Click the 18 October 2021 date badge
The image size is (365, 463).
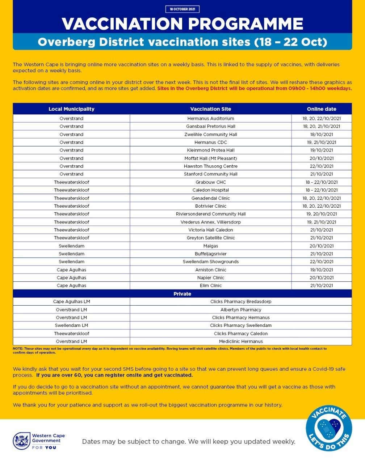(x=182, y=9)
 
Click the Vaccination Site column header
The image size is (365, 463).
(x=210, y=109)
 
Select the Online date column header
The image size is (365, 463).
(x=322, y=109)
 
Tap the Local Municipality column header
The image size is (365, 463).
(x=71, y=109)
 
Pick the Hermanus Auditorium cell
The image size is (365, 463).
(x=210, y=118)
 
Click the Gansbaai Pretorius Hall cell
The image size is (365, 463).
(x=210, y=126)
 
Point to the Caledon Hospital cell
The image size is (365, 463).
(x=210, y=190)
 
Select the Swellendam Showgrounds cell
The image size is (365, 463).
(x=210, y=262)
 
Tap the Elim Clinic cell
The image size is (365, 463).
(x=210, y=285)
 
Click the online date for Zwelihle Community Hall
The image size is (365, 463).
(x=322, y=134)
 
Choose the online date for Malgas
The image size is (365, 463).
(x=322, y=246)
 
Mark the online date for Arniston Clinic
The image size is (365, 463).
(x=322, y=269)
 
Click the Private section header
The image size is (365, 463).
(x=182, y=294)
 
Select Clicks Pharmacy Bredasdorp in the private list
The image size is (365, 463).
(x=240, y=301)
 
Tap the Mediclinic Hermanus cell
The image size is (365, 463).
(x=240, y=341)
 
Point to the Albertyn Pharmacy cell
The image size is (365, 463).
(x=240, y=310)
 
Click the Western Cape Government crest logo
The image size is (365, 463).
(x=21, y=441)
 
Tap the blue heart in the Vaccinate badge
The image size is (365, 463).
(x=329, y=430)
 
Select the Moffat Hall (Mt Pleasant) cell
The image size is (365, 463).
(x=210, y=158)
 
